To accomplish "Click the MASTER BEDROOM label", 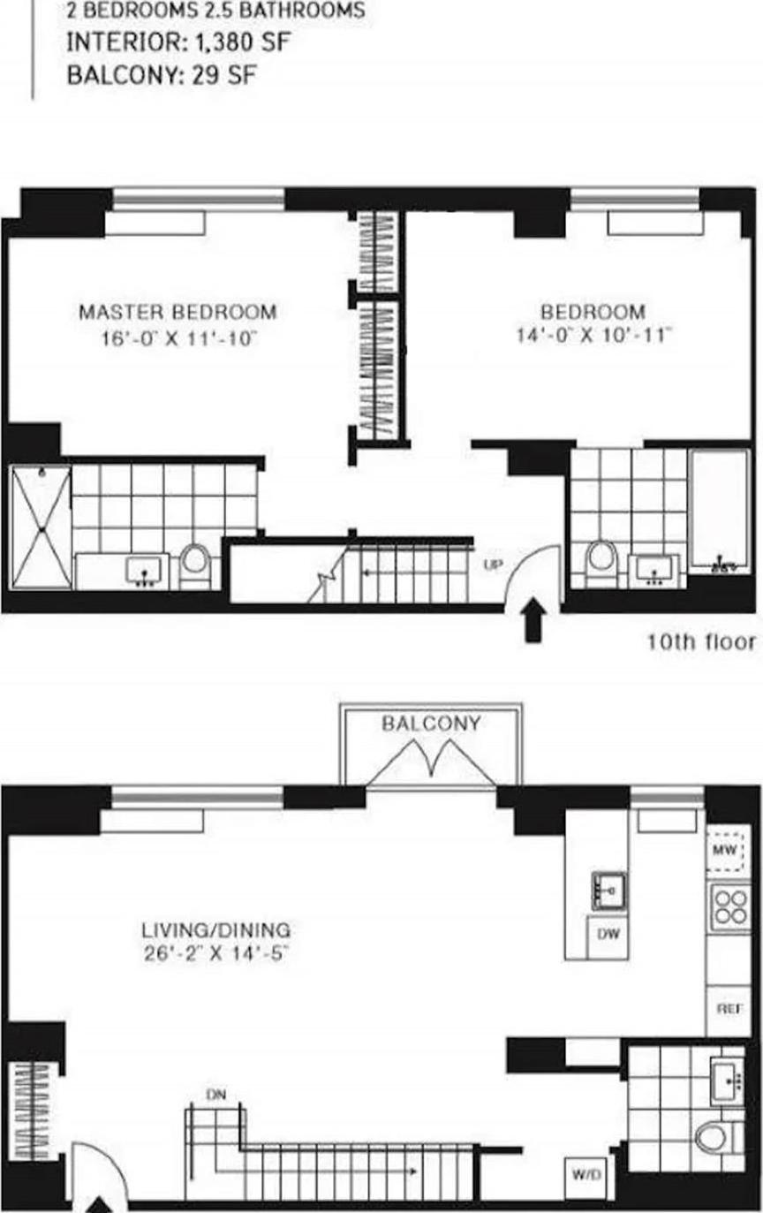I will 178,312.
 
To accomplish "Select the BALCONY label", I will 431,724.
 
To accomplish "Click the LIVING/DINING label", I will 216,930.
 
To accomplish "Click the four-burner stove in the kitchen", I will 730,906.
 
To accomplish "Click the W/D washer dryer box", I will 585,1176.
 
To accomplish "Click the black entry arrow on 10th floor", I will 533,621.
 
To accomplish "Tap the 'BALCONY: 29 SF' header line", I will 161,75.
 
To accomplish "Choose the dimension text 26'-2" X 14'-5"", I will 216,954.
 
